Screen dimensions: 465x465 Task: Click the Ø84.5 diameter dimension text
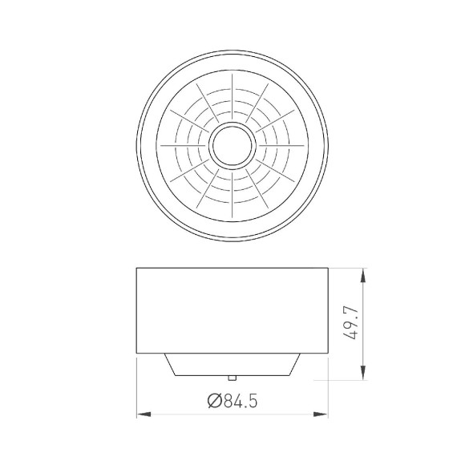(233, 398)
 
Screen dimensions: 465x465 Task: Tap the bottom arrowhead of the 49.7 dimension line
(365, 374)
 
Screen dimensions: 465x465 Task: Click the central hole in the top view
(232, 145)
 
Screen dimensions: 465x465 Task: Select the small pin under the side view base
(232, 376)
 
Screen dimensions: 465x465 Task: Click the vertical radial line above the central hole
(232, 96)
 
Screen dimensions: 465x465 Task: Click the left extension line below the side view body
(137, 385)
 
